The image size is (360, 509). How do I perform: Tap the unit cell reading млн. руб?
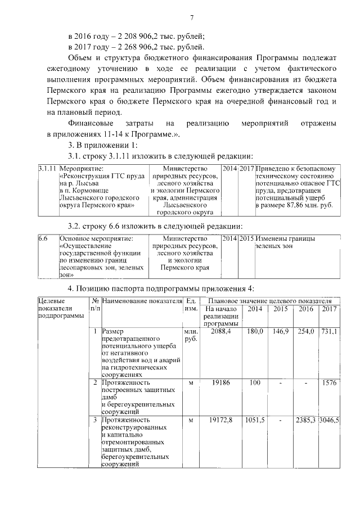pyautogui.click(x=191, y=336)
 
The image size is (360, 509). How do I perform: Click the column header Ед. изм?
pyautogui.click(x=191, y=305)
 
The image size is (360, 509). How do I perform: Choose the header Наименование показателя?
pyautogui.click(x=142, y=302)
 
